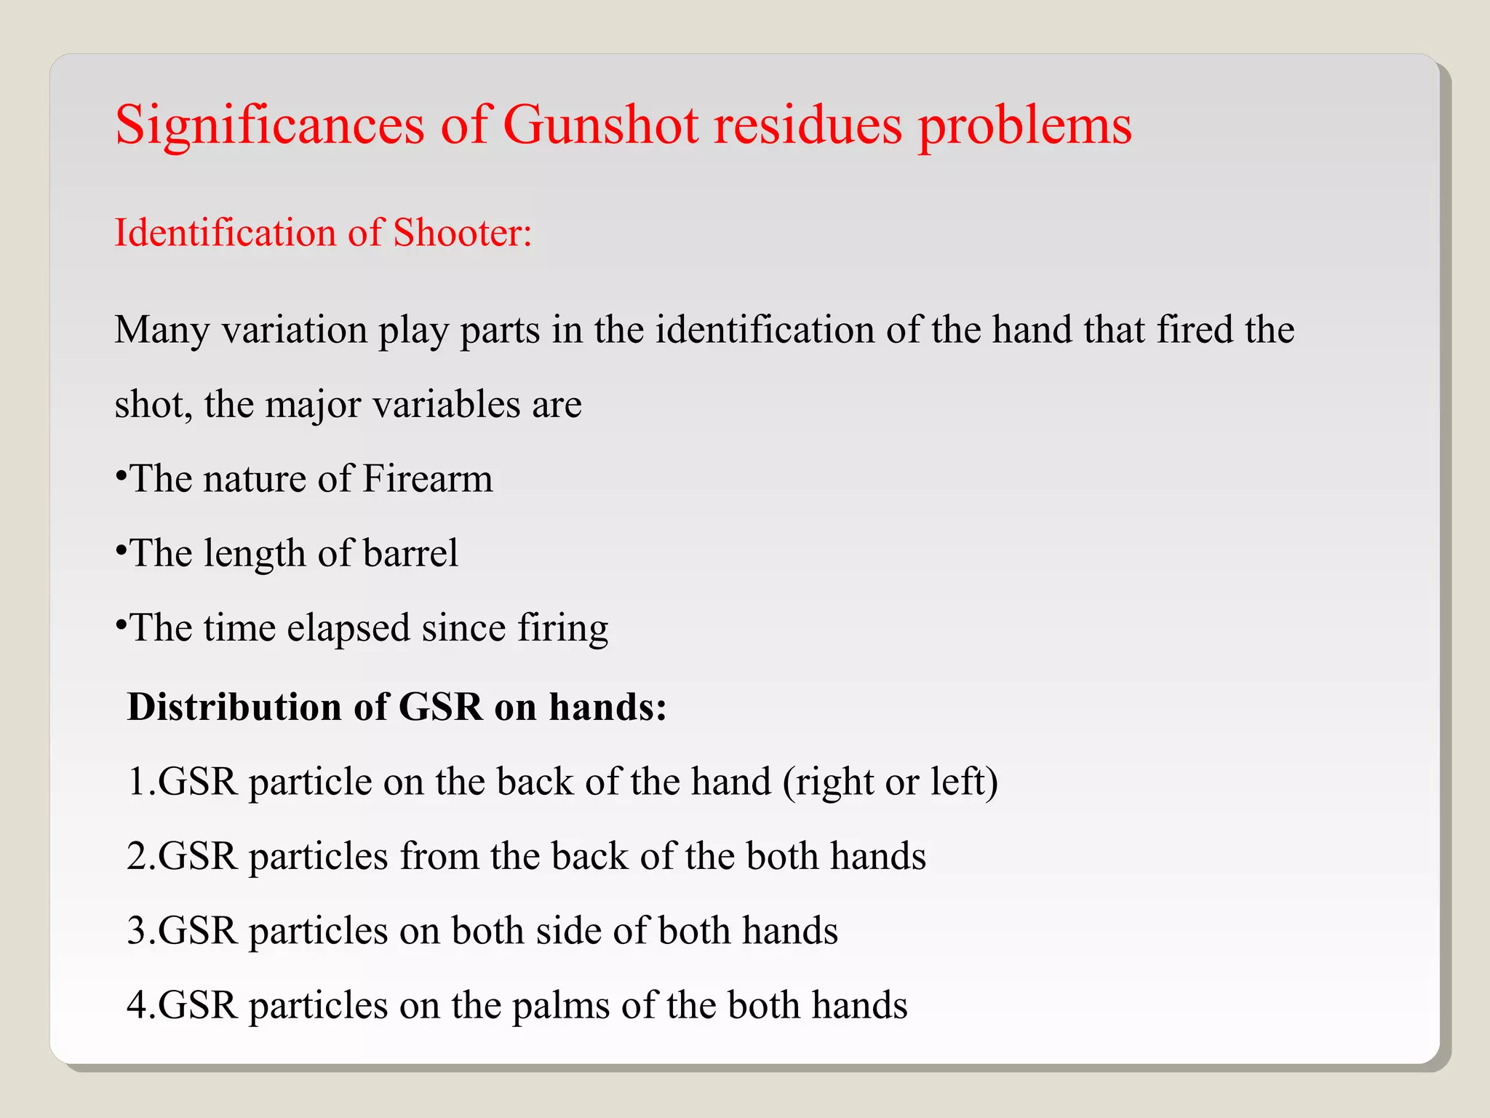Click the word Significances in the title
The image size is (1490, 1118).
(x=269, y=125)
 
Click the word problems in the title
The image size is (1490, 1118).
(x=1024, y=125)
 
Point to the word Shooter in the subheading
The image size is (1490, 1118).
(x=463, y=233)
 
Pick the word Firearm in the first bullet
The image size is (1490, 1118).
(x=428, y=479)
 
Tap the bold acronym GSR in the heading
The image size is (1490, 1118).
(x=440, y=707)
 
